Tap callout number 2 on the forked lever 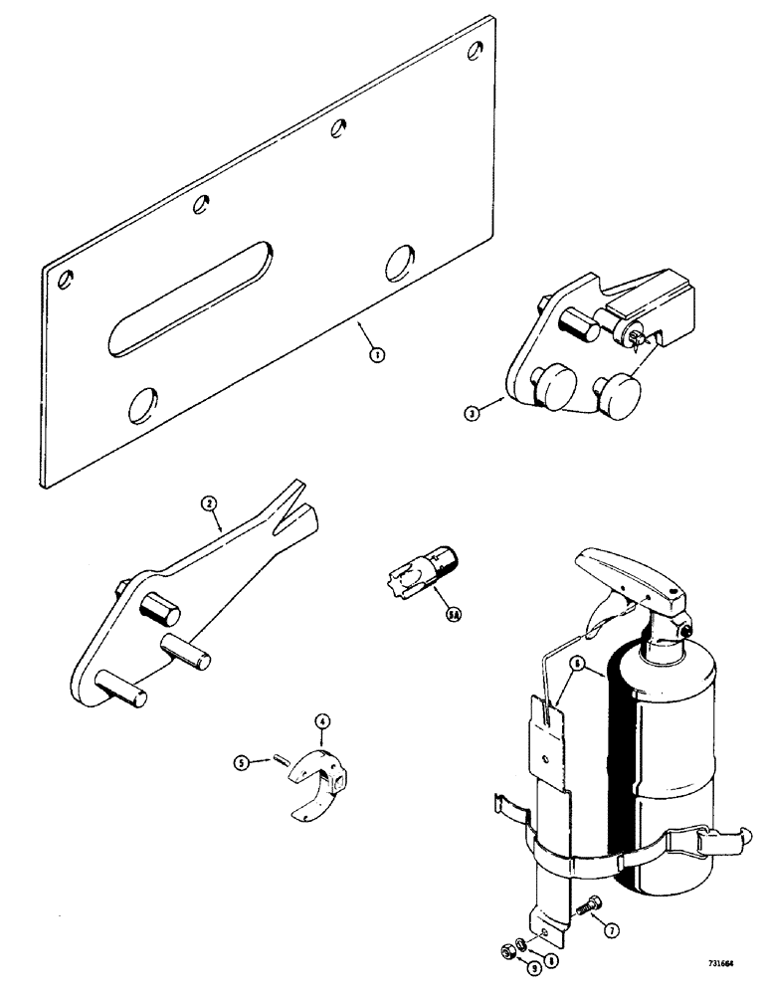[208, 504]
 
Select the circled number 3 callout [474, 412]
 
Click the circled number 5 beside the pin [241, 763]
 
